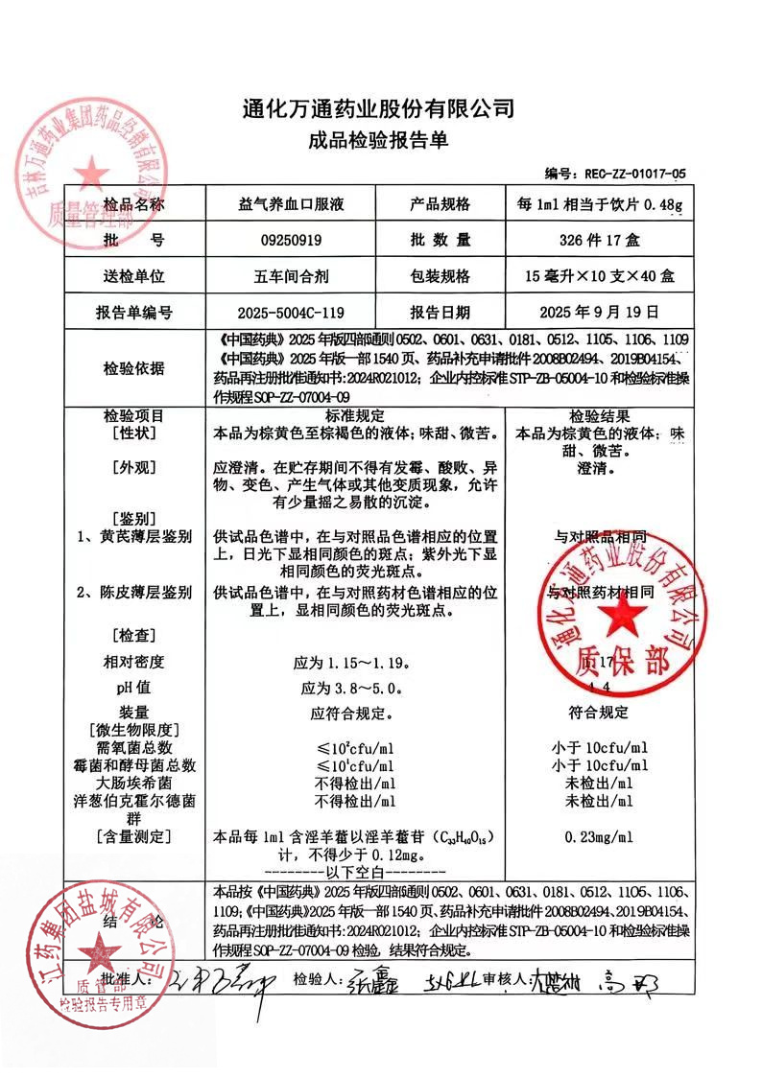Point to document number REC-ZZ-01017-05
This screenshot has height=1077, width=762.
pos(630,174)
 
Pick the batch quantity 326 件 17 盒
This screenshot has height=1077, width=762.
pos(588,240)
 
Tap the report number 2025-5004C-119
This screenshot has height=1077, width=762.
pos(290,313)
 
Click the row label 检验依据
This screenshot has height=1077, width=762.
pos(133,368)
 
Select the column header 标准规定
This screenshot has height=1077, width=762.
pos(354,416)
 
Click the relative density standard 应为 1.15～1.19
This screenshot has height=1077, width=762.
pos(354,662)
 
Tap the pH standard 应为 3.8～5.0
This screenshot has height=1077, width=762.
pos(354,688)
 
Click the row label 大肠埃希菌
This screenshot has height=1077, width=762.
pos(133,783)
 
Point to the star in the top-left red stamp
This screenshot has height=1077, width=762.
pos(93,174)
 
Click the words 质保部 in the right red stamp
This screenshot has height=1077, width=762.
pos(612,662)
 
